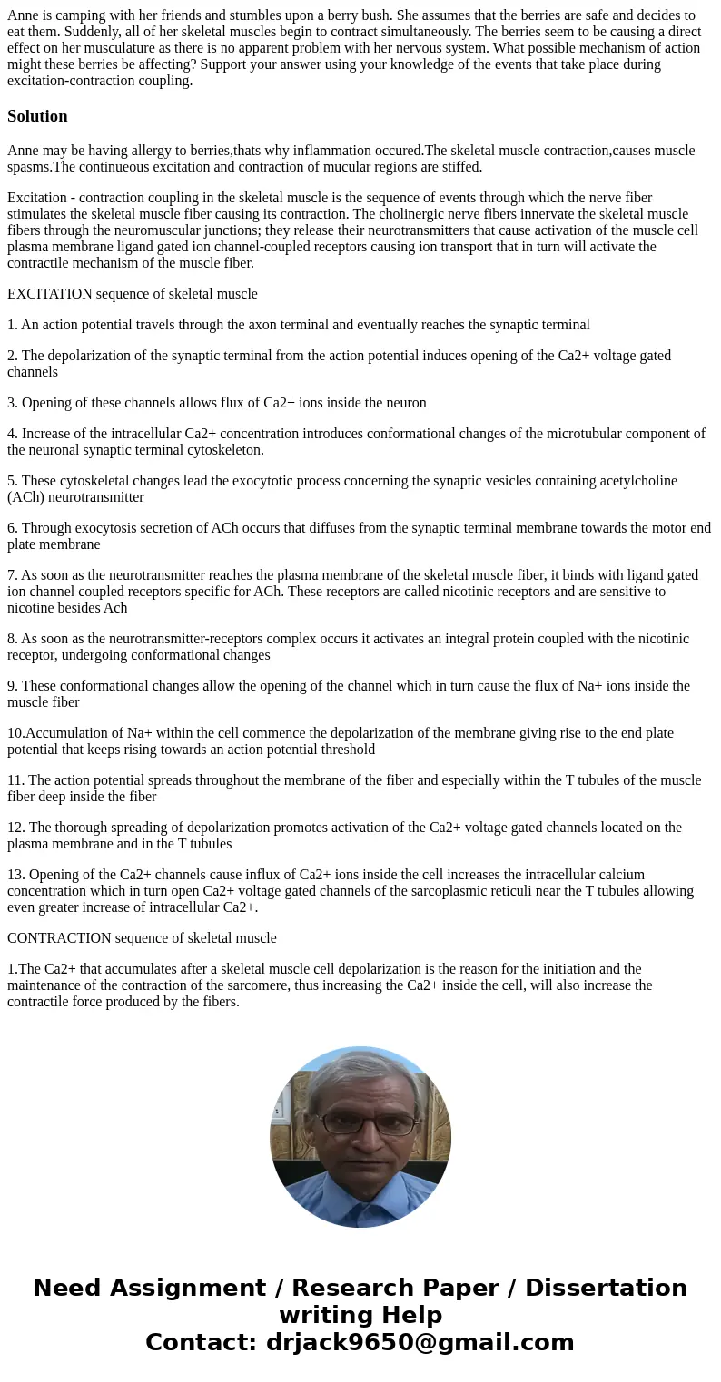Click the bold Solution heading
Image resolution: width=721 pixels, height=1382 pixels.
(x=37, y=116)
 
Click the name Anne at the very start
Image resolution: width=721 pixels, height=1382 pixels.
(x=24, y=15)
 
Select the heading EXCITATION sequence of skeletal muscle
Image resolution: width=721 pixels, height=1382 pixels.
(x=133, y=294)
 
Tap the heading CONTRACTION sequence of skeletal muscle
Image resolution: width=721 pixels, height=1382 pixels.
(x=142, y=938)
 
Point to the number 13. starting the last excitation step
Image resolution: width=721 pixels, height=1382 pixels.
(x=16, y=875)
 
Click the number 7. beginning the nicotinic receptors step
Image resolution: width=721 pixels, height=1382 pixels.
(x=13, y=575)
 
